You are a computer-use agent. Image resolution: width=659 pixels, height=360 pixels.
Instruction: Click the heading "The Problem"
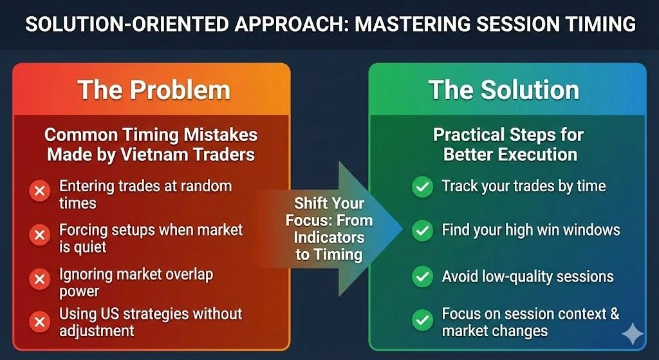coord(153,90)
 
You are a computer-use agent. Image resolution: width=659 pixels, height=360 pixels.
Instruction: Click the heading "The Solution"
coord(504,90)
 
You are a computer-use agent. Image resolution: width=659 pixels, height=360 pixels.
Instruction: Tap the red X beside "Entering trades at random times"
coord(40,191)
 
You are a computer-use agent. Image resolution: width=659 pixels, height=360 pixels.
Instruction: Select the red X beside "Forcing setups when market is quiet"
coord(40,234)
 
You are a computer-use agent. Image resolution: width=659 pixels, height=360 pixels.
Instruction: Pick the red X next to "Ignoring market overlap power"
coord(40,279)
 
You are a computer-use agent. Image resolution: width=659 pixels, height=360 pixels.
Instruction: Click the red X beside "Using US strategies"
coord(40,320)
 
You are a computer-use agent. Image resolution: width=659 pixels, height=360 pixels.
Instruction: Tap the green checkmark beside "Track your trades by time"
coord(422,187)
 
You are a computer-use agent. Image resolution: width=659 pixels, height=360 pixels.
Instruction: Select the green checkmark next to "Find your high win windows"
coord(422,230)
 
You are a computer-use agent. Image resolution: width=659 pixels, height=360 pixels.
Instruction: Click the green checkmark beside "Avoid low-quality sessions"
coord(422,277)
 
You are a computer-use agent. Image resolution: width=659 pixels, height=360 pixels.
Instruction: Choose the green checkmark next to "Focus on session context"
coord(422,319)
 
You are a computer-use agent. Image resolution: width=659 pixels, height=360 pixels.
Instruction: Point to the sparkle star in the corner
coord(633,334)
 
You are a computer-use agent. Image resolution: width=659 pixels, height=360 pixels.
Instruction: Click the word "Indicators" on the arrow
coord(329,238)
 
